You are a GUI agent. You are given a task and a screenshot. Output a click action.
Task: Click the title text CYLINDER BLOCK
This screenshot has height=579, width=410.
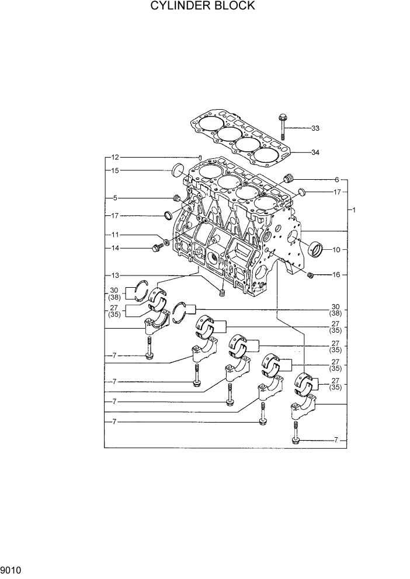(x=202, y=6)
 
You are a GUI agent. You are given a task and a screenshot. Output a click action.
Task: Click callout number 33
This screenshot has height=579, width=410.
(x=315, y=128)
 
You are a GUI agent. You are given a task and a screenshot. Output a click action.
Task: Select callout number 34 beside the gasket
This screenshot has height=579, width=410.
(x=315, y=152)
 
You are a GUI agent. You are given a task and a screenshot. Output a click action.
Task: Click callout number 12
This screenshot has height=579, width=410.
(x=115, y=158)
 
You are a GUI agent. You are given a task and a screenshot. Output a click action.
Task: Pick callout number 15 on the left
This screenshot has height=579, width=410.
(x=115, y=170)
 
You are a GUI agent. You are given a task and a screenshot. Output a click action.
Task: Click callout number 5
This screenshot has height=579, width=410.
(x=115, y=197)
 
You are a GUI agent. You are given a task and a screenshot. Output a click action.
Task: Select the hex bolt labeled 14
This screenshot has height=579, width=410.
(x=157, y=249)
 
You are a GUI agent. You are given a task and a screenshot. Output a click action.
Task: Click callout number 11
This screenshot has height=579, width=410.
(x=115, y=235)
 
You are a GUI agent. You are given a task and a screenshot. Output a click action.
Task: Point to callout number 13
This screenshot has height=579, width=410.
(x=115, y=275)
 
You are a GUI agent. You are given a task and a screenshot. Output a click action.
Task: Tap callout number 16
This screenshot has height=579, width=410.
(x=336, y=274)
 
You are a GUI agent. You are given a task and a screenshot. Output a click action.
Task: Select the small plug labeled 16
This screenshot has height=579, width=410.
(x=311, y=275)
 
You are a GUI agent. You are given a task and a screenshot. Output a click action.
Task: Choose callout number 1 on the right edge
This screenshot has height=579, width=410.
(x=353, y=209)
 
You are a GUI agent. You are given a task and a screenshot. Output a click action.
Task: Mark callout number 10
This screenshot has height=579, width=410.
(x=336, y=249)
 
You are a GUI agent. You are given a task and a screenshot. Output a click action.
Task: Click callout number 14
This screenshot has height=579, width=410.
(x=115, y=248)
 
